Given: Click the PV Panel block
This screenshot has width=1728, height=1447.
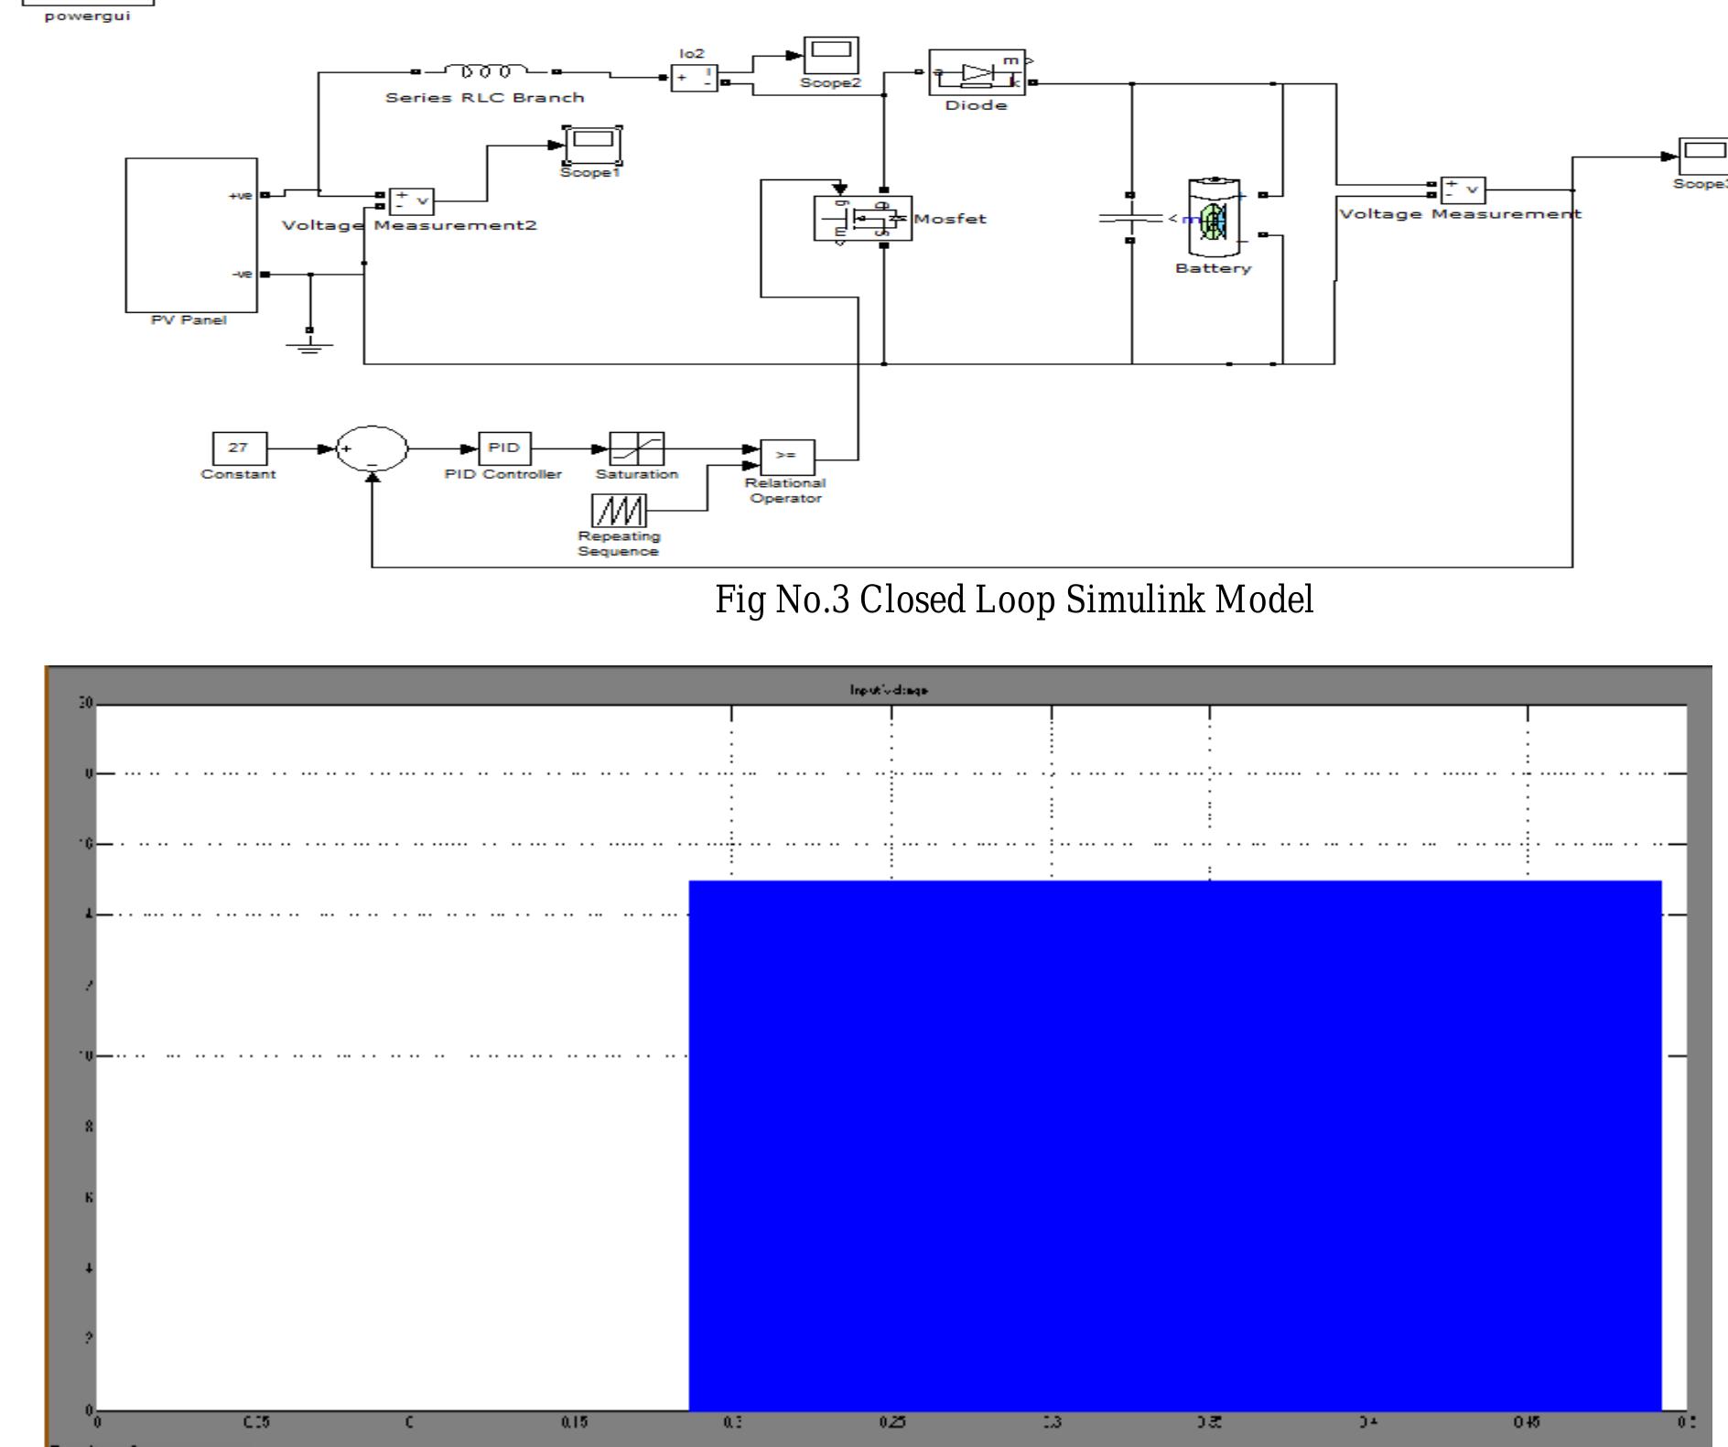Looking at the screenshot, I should pos(191,235).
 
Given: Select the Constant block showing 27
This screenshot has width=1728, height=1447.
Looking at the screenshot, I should pos(239,448).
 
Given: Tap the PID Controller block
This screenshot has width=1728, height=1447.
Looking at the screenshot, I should pos(504,448).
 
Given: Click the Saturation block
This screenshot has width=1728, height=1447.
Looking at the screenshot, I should pos(637,448).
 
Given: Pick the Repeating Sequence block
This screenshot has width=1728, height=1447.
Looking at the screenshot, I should pos(619,511).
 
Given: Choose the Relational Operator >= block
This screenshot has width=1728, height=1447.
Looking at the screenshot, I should pos(786,455).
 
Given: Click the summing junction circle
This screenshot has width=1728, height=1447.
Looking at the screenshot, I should pos(372,448).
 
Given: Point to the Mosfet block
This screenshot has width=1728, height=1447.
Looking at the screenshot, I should pos(863,219).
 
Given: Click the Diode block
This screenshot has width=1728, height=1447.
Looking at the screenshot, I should pos(977,72).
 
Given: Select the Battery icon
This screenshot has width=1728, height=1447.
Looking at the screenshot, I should pos(1213,219).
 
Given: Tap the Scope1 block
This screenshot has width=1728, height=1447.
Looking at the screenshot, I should pos(592,145).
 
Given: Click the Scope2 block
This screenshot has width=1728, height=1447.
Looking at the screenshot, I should pos(831,56).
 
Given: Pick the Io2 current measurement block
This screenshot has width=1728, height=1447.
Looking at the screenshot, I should pos(694,79).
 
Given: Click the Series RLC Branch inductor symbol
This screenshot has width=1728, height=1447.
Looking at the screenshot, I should pos(486,71).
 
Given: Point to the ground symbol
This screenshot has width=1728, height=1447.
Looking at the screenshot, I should pos(309,345).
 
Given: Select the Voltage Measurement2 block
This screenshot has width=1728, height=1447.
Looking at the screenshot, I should pos(411,200).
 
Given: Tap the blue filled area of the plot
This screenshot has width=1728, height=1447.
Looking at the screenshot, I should pos(1174,1144).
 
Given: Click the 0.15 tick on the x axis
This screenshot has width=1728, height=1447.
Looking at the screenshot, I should pos(574,1422).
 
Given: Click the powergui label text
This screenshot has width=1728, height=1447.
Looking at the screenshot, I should pos(88,16).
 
